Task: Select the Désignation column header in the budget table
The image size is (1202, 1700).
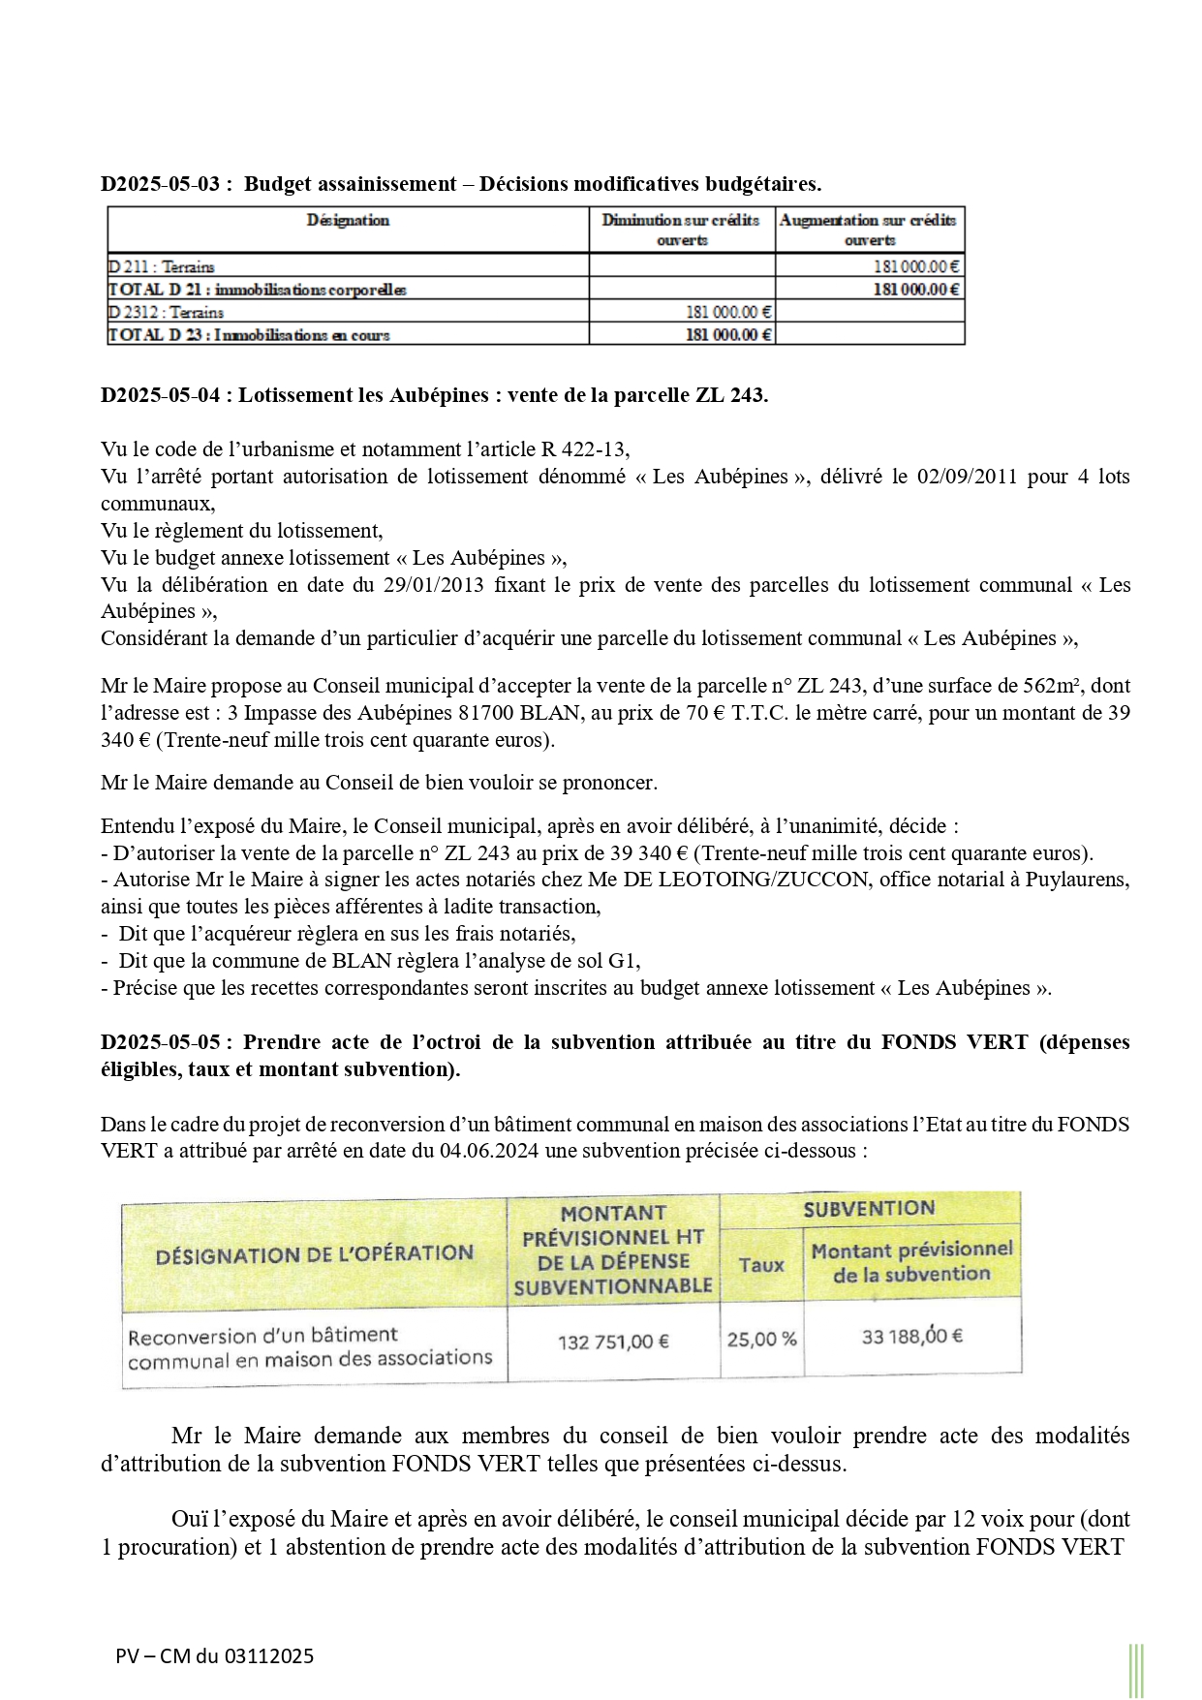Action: pyautogui.click(x=348, y=221)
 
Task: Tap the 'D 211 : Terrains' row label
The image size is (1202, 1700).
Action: pyautogui.click(x=162, y=266)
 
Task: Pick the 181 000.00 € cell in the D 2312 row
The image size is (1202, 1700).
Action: pyautogui.click(x=728, y=312)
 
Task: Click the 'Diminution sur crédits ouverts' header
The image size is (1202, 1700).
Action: pyautogui.click(x=681, y=231)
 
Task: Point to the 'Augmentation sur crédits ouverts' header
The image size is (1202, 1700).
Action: pyautogui.click(x=869, y=231)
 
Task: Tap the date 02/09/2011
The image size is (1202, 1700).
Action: pyautogui.click(x=955, y=477)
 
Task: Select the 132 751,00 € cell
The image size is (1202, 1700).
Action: pyautogui.click(x=613, y=1343)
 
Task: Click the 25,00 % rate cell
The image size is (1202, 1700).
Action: pyautogui.click(x=761, y=1340)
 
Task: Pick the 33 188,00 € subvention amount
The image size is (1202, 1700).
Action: pyautogui.click(x=911, y=1337)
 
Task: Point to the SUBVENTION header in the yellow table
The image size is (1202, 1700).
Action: pyautogui.click(x=869, y=1209)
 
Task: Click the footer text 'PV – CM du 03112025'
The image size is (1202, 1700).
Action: pyautogui.click(x=214, y=1656)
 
